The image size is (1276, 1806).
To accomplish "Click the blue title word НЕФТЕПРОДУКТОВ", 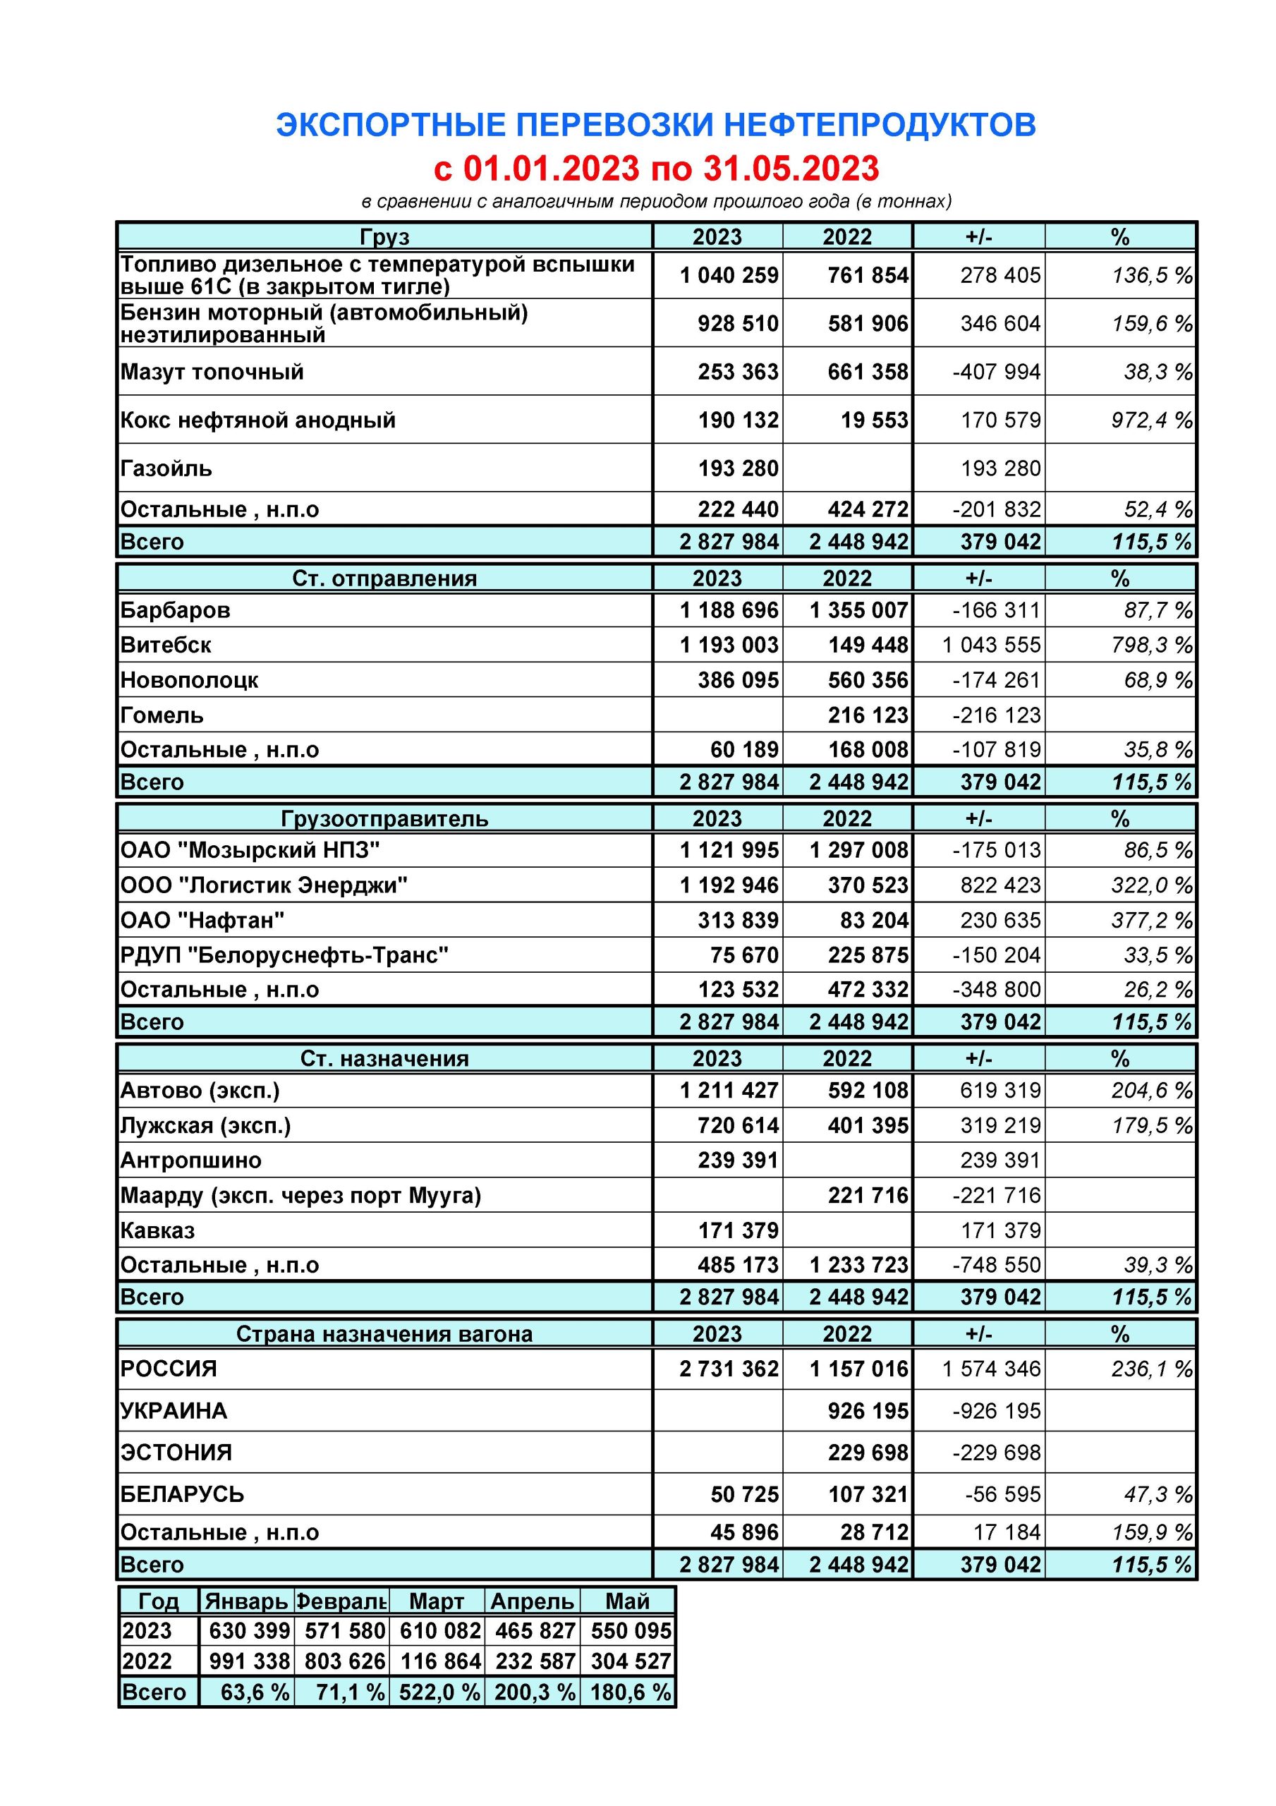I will [x=879, y=125].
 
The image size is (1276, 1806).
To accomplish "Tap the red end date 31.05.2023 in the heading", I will [x=791, y=169].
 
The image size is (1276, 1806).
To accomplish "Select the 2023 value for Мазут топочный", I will [x=737, y=371].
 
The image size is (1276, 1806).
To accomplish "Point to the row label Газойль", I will [x=166, y=469].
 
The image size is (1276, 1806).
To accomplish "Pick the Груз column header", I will [x=384, y=237].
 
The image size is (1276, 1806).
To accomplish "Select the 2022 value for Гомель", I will [x=868, y=715].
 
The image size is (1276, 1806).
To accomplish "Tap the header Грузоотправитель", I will [x=384, y=819].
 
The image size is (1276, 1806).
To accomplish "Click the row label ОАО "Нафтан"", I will [x=202, y=921].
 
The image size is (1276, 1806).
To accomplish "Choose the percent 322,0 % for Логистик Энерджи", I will [x=1151, y=885].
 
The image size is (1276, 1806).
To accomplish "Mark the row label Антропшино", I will [x=191, y=1160].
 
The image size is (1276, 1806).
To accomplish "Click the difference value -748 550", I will [x=996, y=1265].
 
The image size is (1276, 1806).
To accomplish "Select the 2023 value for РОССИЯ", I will [x=729, y=1369].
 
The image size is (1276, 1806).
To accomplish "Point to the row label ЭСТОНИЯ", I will [x=176, y=1452].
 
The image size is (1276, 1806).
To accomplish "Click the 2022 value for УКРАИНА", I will [x=868, y=1411].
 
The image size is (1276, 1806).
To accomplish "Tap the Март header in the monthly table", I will [x=437, y=1601].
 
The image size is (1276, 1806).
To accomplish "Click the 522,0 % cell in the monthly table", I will [x=439, y=1692].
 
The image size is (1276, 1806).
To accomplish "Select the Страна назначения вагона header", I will [x=384, y=1334].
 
